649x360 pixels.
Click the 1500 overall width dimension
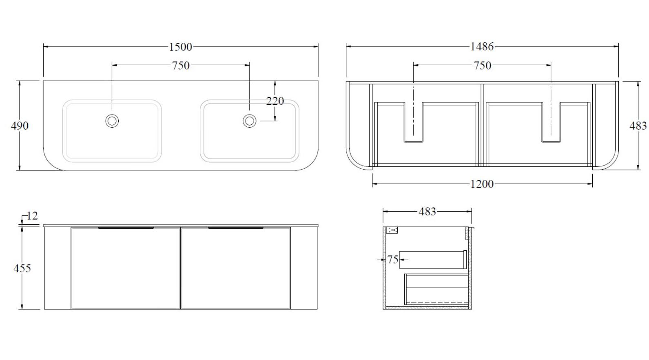180,47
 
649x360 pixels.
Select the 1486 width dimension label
482,46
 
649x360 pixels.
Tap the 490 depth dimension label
20,126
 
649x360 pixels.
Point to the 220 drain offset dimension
275,101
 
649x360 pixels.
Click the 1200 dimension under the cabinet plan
482,184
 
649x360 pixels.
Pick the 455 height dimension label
22,268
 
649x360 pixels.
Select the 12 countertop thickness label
32,216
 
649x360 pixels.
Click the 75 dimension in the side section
392,260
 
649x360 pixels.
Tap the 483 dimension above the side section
427,212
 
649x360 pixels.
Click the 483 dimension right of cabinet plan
638,126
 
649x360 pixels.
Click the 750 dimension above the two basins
180,65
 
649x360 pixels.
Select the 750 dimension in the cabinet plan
482,66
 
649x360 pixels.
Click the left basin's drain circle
112,121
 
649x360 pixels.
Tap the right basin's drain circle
250,121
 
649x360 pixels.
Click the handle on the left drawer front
126,228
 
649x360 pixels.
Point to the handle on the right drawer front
236,228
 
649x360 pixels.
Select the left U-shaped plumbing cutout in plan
413,122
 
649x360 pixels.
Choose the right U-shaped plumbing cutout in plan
551,122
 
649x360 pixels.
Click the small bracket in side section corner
392,230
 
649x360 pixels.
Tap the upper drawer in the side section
432,260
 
